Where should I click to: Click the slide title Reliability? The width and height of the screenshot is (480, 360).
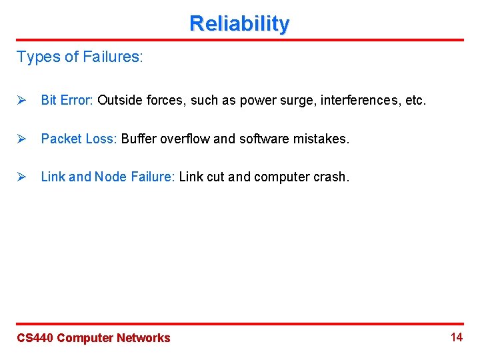[x=239, y=23]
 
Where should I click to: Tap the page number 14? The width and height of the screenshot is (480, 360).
[x=456, y=337]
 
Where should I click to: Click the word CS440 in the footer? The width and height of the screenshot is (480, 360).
[x=35, y=338]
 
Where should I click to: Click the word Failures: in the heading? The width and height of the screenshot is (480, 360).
[x=113, y=57]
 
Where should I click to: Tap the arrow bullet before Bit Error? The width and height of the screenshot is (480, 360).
[x=21, y=100]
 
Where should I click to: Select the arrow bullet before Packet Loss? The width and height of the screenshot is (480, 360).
[x=21, y=139]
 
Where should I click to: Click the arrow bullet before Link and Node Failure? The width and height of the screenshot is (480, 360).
[x=21, y=177]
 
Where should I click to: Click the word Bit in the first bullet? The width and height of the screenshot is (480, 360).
[x=49, y=100]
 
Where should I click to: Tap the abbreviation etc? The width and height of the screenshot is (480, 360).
[x=416, y=100]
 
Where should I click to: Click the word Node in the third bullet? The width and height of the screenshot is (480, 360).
[x=109, y=177]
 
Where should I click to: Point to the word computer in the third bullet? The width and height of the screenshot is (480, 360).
[x=283, y=177]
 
